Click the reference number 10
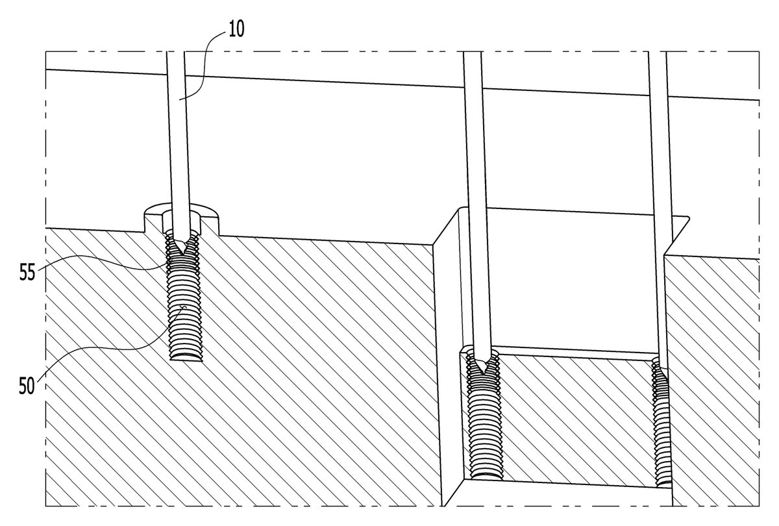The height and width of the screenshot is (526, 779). click(x=236, y=29)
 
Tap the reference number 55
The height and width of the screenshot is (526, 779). click(x=27, y=272)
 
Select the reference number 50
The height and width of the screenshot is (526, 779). click(x=27, y=386)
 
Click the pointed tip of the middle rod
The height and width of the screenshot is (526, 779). click(x=484, y=375)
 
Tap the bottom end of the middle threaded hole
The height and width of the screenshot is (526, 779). click(x=486, y=477)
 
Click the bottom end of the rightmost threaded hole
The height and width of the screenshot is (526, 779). click(x=664, y=484)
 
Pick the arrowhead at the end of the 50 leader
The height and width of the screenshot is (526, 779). click(x=184, y=308)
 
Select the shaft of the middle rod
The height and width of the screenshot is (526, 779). click(x=476, y=208)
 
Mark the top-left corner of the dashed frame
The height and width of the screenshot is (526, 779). click(x=45, y=51)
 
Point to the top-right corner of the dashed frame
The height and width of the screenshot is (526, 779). click(x=759, y=51)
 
